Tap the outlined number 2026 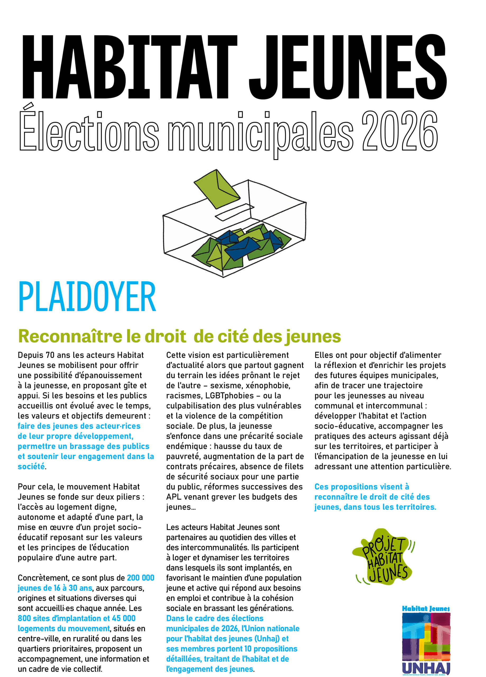(400, 131)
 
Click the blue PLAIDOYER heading (87, 297)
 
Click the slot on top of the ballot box (234, 212)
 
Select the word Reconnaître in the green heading (70, 336)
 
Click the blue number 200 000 (141, 578)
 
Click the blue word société (31, 466)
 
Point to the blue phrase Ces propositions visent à (362, 487)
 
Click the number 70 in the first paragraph (50, 355)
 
